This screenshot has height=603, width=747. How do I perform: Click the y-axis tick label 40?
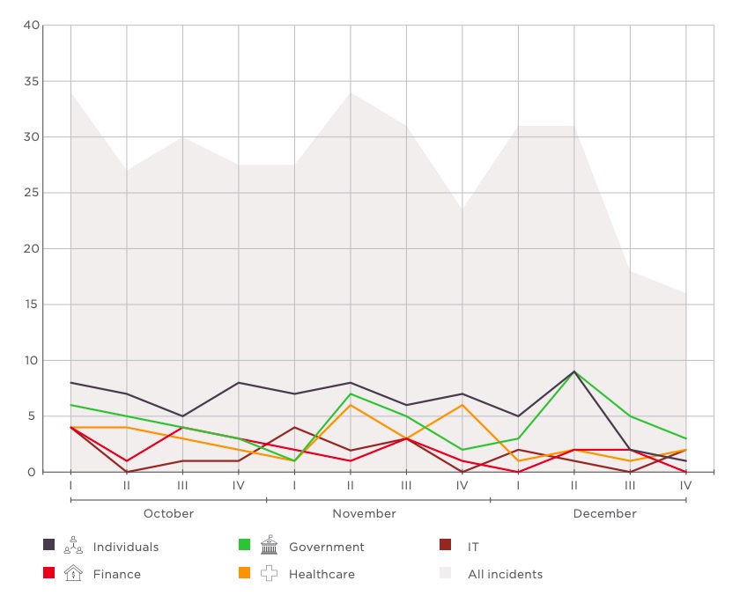click(x=31, y=25)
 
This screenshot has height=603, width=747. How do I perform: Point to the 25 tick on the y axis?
click(x=31, y=193)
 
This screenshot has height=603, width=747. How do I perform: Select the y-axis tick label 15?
click(x=31, y=305)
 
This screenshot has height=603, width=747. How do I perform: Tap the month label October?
click(x=168, y=513)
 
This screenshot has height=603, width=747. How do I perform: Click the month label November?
click(x=364, y=513)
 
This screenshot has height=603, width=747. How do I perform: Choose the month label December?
click(x=604, y=513)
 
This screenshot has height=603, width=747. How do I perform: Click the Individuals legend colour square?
click(x=49, y=546)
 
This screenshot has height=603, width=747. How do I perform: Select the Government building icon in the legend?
click(x=269, y=546)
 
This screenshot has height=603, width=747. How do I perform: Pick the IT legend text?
click(x=473, y=547)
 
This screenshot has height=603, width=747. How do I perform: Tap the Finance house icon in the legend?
click(x=75, y=574)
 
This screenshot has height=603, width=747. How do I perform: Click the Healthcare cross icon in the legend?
click(x=269, y=574)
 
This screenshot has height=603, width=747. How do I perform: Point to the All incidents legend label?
click(x=505, y=574)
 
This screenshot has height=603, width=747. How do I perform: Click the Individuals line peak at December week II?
click(x=574, y=371)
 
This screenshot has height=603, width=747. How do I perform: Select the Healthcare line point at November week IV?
click(x=462, y=405)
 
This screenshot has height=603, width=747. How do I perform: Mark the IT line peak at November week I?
click(x=294, y=427)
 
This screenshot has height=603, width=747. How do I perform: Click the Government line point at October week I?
click(x=70, y=405)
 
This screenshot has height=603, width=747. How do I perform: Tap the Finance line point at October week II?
click(x=127, y=460)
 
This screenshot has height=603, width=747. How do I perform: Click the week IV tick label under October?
click(x=239, y=485)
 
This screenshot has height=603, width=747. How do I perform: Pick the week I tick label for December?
click(x=518, y=485)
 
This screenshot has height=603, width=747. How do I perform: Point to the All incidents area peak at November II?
click(x=351, y=92)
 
